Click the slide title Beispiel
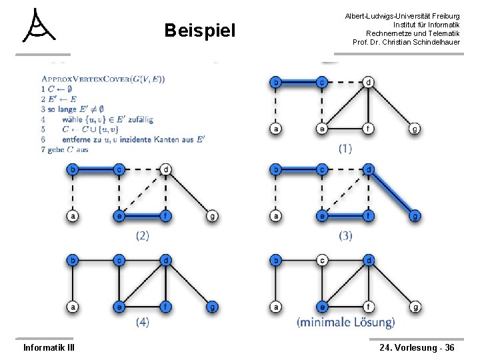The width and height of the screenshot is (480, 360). [200, 31]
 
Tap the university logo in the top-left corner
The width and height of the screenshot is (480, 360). [39, 27]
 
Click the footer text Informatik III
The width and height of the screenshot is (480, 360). [49, 347]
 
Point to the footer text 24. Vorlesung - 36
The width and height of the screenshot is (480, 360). [417, 347]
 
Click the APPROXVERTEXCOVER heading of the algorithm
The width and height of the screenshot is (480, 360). [103, 79]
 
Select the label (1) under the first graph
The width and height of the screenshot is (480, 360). [345, 148]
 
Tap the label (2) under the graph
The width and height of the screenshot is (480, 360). [142, 235]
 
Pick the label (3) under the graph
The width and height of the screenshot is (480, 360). [345, 235]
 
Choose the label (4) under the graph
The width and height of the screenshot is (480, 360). [142, 322]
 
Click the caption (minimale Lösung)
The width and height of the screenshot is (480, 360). [345, 323]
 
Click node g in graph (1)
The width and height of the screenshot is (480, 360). [415, 129]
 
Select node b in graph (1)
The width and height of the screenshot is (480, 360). [275, 83]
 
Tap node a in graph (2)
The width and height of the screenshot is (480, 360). [73, 216]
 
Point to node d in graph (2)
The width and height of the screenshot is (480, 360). [165, 170]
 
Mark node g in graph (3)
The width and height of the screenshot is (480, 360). [415, 216]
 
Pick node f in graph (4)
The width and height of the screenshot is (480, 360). [165, 307]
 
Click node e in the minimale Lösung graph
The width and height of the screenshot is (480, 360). [322, 307]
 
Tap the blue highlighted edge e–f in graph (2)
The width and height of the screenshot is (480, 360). [142, 216]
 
